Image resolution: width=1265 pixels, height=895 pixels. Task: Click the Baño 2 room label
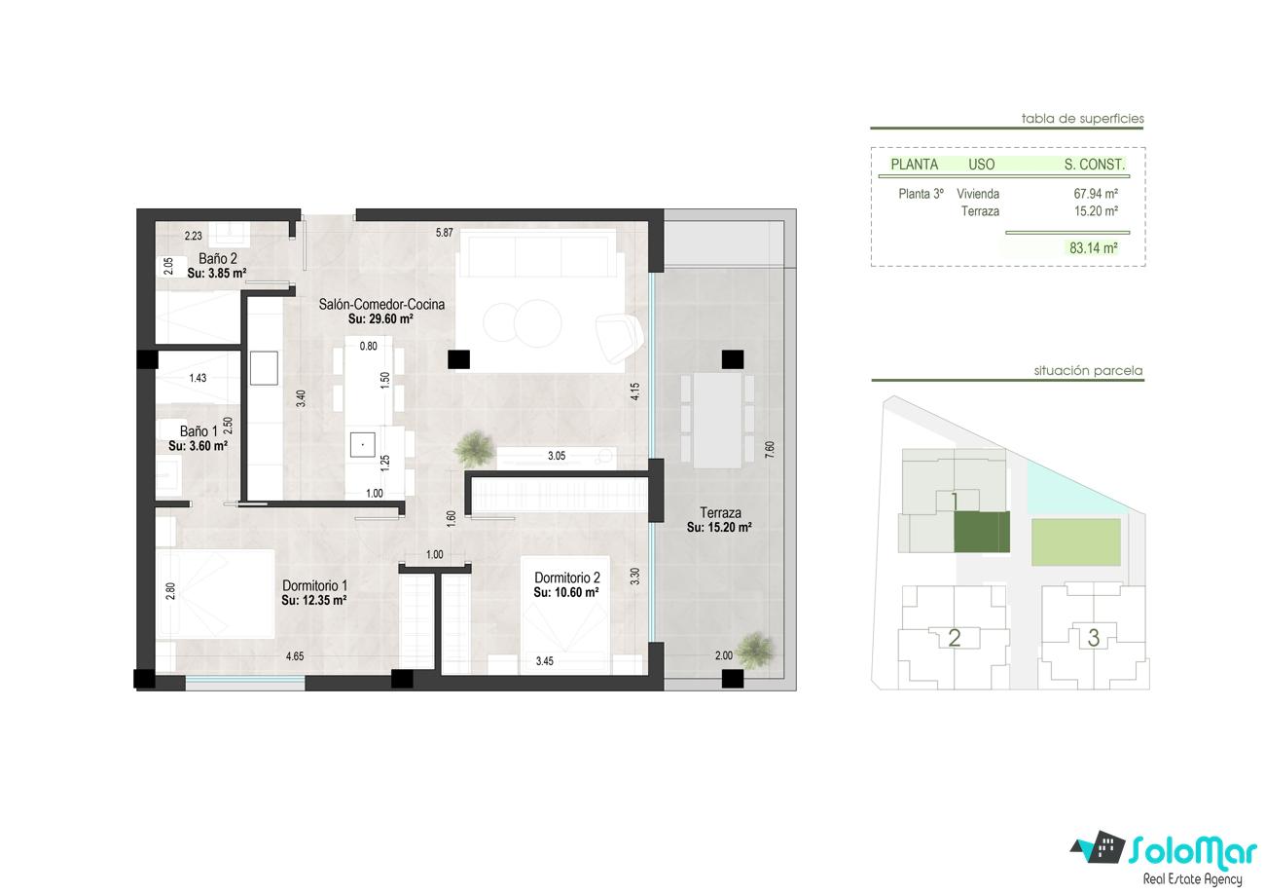pos(217,259)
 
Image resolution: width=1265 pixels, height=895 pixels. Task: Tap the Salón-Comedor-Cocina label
pos(381,304)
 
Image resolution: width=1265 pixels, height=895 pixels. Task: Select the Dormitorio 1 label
pos(314,586)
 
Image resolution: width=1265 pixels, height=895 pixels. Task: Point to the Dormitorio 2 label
pos(567,578)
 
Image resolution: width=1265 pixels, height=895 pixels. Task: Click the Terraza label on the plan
pos(720,513)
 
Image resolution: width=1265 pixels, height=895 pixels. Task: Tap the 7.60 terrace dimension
pos(770,450)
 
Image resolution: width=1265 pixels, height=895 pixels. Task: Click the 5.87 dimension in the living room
pos(445,232)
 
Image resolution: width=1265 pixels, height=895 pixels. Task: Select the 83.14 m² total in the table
pos(1094,248)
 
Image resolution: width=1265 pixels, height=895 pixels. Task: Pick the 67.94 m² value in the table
pos(1096,194)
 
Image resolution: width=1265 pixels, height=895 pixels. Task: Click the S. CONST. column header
pos(1095,165)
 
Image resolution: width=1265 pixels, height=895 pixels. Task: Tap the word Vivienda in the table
pos(978,194)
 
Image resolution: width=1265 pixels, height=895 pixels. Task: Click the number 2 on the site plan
pos(955,638)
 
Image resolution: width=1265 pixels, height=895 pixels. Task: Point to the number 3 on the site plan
pos(1094,638)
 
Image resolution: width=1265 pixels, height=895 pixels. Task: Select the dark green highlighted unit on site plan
pos(982,533)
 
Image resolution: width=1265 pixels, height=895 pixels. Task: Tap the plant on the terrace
pos(755,651)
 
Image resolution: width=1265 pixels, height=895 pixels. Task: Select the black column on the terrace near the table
pos(733,359)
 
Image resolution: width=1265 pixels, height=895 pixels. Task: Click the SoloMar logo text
pos(1193,851)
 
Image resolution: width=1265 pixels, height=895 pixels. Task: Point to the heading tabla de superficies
pos(1083,119)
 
